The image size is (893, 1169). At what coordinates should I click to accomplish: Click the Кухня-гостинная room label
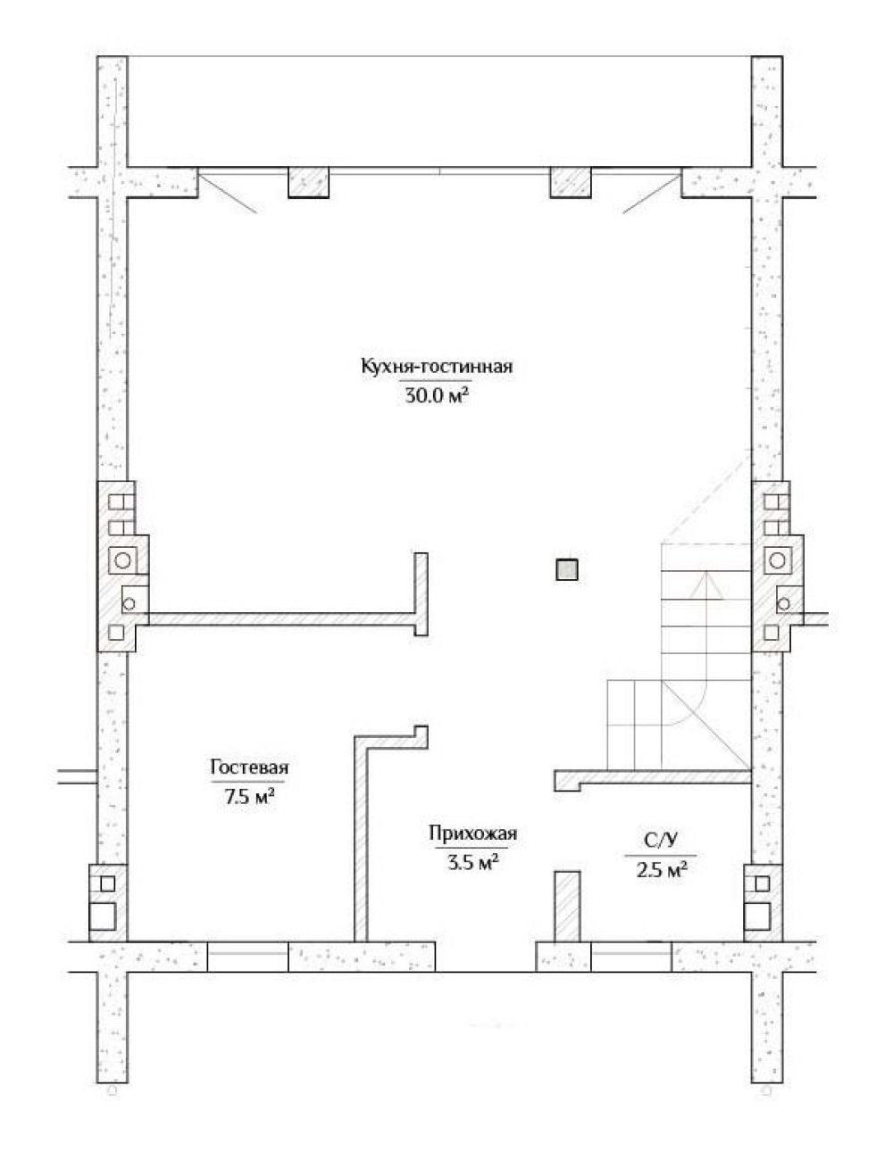437,368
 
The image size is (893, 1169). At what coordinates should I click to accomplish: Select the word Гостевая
249,767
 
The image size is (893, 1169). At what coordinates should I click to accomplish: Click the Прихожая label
473,833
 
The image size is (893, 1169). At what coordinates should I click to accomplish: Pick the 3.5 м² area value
473,861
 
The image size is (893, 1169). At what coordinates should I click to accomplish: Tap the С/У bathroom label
661,841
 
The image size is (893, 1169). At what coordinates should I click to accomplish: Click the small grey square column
567,569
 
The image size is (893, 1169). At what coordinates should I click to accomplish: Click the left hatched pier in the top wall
308,183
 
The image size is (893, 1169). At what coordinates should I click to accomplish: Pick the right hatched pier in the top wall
571,183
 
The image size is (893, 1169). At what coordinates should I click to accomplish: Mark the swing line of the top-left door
228,192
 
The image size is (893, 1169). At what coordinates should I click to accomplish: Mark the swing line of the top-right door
652,192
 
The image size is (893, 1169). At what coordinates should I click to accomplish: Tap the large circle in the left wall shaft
123,560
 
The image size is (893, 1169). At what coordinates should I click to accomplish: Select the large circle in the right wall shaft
779,560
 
